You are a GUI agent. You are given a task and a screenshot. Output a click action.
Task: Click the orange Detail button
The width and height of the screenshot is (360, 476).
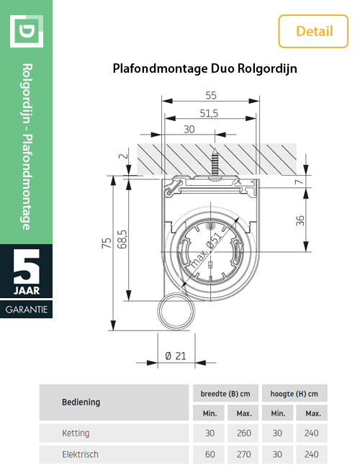pos(315,31)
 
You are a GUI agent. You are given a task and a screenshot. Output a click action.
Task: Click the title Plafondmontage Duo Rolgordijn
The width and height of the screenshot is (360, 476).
pos(205,70)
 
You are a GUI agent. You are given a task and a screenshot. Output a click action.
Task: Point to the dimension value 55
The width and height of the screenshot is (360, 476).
pos(211,95)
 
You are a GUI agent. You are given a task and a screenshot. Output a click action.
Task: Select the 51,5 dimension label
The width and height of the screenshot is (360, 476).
pos(210,113)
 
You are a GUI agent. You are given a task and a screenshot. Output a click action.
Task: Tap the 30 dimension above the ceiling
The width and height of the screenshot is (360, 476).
pos(189,130)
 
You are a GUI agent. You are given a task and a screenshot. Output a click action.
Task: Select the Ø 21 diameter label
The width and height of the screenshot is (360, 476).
pos(175,356)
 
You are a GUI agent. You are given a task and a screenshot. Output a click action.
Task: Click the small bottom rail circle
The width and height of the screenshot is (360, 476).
pos(175,313)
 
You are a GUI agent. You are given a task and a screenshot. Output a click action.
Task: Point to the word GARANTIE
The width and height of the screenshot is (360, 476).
pos(27,308)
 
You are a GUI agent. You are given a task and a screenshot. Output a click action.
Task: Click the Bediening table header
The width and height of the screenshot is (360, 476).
pos(81,402)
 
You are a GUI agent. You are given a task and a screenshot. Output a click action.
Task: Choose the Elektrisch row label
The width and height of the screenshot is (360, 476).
pos(80,454)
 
